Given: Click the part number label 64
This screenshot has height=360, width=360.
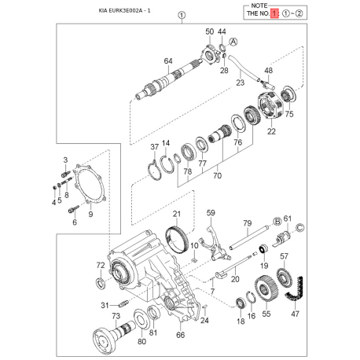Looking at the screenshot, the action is click(168, 61).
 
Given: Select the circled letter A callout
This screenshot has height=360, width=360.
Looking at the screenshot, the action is click(233, 42).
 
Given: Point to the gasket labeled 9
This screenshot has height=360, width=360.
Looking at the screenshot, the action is click(89, 184).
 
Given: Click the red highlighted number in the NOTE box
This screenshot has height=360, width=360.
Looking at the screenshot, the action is click(274, 13).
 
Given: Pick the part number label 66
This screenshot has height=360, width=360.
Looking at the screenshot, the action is click(180, 335).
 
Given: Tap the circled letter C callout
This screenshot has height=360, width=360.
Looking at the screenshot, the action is click(300, 227).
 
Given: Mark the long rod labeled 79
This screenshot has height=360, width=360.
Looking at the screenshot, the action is click(248, 237).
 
